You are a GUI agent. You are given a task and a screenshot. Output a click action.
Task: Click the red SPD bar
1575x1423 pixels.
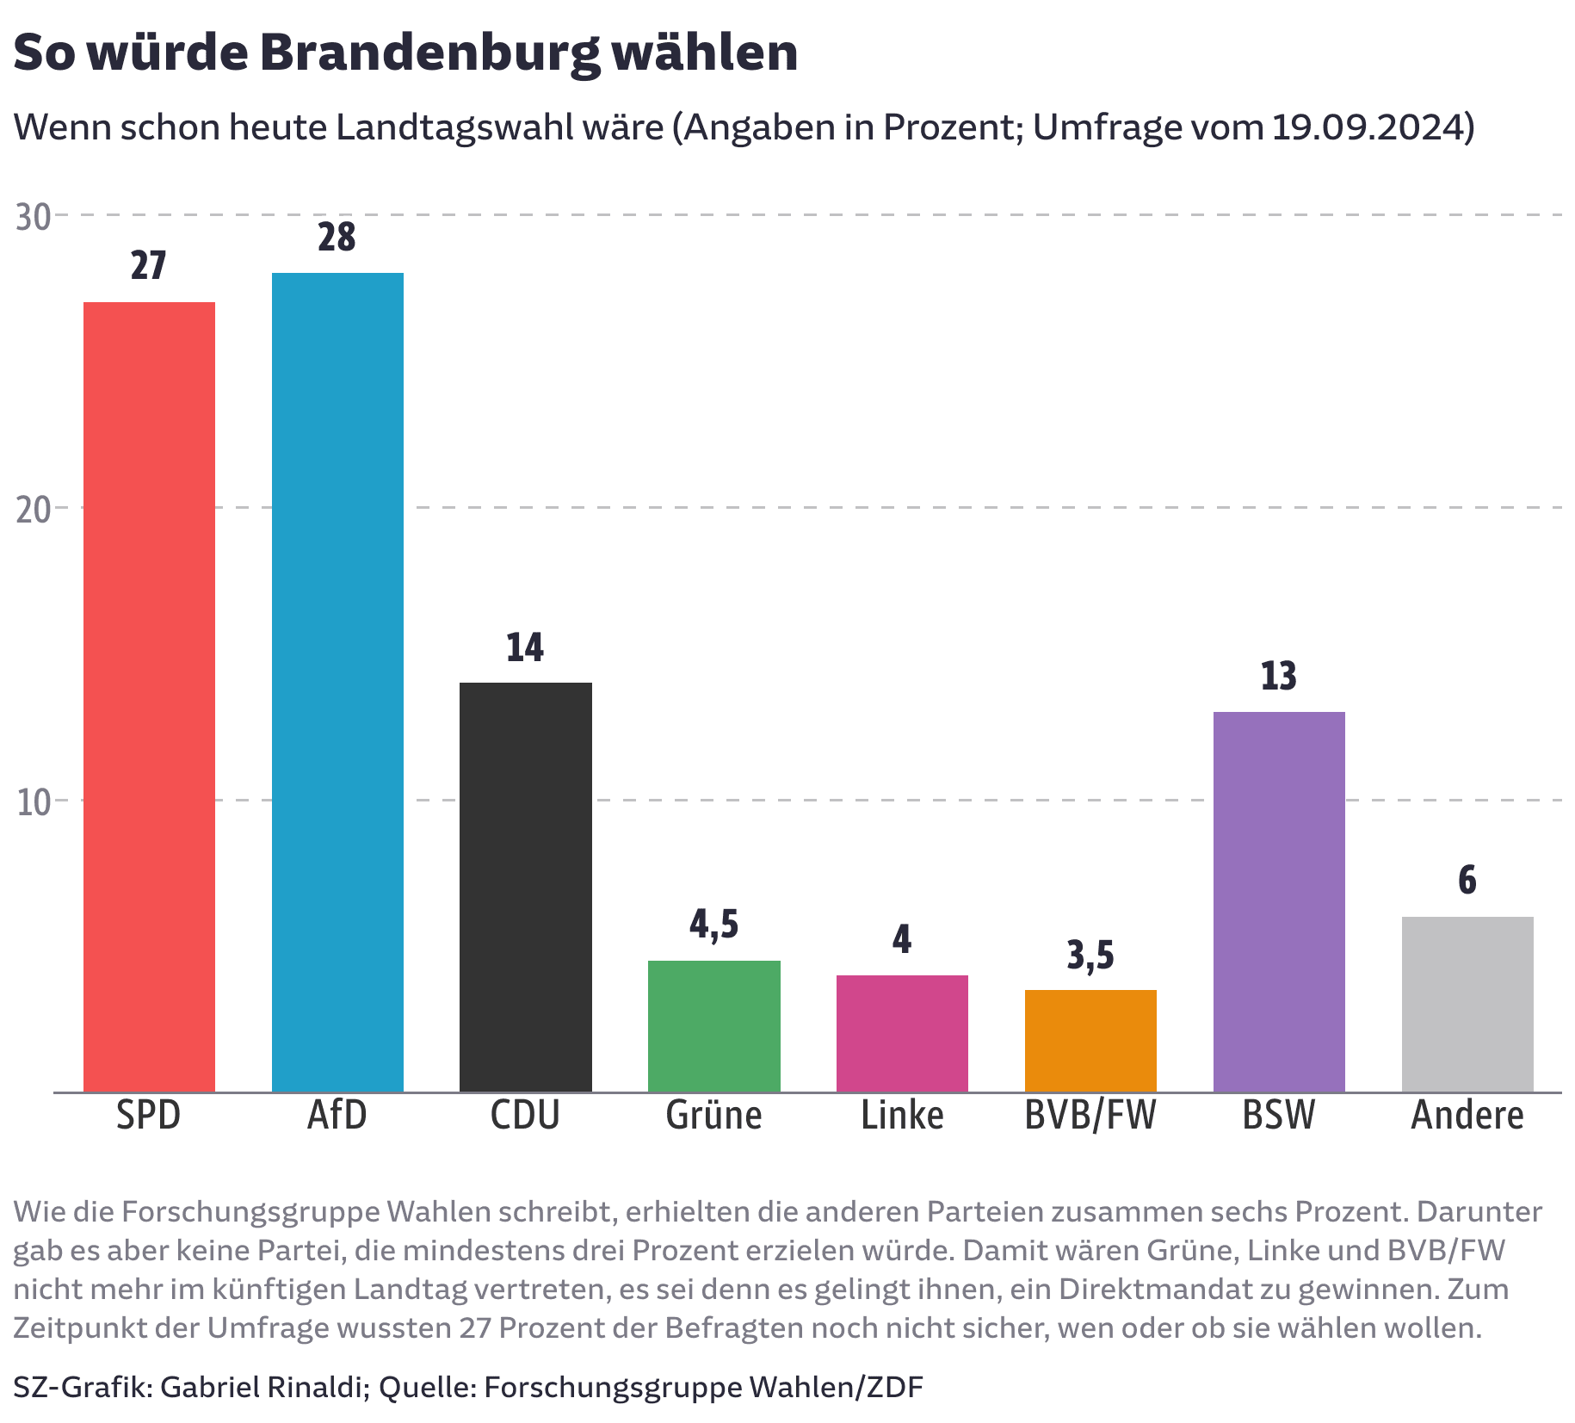149,697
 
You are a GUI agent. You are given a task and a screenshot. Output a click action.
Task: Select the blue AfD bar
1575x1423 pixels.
337,683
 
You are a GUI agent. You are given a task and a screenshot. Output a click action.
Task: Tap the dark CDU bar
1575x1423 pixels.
525,887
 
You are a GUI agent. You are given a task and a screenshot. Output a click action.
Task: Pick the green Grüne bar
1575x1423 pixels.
713,1026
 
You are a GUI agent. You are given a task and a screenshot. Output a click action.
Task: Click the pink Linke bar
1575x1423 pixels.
902,1033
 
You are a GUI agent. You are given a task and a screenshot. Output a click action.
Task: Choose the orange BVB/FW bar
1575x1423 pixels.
1090,1041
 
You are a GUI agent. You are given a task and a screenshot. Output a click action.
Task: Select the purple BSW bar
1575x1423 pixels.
1279,901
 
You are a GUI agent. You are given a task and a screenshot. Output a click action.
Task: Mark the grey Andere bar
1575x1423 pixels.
1467,1004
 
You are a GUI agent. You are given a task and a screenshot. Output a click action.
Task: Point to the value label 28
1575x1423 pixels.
337,238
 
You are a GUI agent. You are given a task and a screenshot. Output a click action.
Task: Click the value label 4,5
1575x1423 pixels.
713,925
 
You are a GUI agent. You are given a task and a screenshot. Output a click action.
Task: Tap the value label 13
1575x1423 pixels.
1278,677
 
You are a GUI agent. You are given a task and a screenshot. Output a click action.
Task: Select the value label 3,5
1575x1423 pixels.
1090,956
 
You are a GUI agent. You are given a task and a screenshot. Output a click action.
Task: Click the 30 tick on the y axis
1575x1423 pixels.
34,217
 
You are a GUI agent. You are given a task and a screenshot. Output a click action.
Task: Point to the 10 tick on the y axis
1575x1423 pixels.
34,802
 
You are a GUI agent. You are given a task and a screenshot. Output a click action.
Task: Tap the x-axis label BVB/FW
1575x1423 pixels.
1090,1116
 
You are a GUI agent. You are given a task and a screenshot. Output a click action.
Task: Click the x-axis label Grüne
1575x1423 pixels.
713,1116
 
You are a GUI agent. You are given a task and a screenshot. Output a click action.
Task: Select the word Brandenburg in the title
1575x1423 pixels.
429,53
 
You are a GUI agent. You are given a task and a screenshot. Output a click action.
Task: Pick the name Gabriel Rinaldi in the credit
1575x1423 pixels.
261,1387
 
